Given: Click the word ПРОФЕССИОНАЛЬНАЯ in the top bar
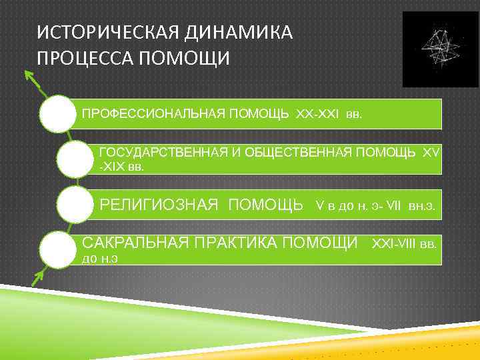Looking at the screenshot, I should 153,114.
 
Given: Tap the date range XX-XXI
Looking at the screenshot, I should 317,114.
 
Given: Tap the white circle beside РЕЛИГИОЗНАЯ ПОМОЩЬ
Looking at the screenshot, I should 75,204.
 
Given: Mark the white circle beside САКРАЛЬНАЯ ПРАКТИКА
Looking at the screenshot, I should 59,248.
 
